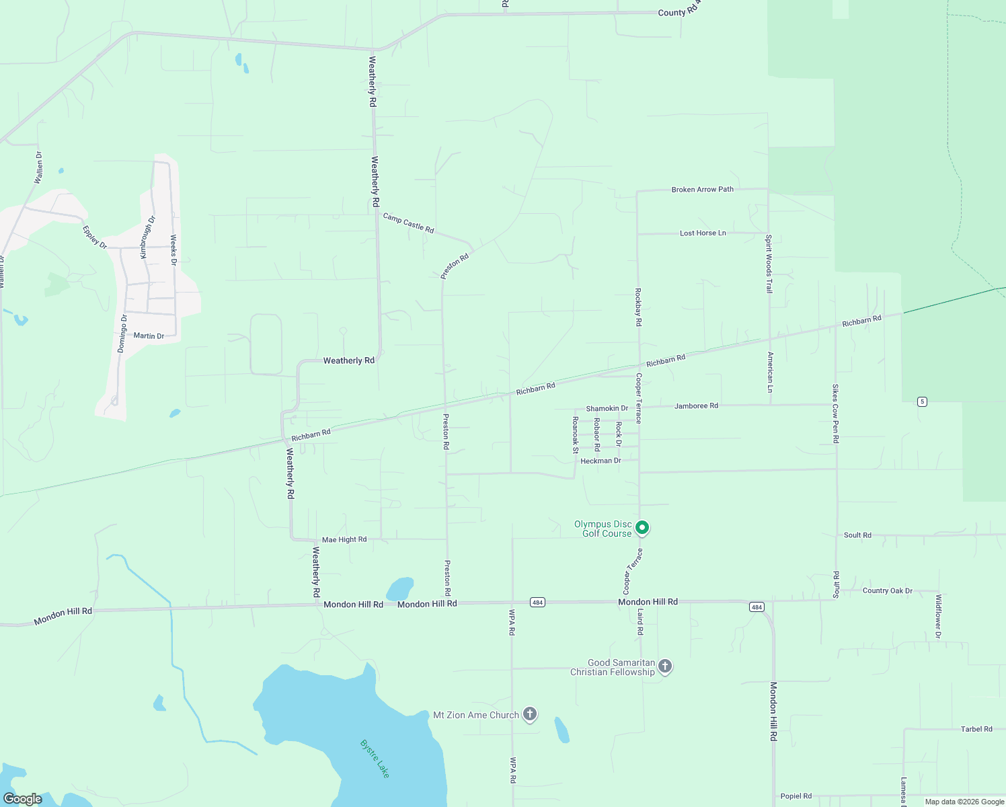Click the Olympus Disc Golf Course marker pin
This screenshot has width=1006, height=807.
click(642, 528)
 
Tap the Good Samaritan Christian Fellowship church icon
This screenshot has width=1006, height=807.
click(665, 666)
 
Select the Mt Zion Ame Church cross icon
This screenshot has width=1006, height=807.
click(530, 714)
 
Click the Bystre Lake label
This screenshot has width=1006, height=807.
click(375, 759)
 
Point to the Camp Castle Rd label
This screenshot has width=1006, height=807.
click(408, 223)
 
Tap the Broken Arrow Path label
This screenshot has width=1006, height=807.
click(702, 190)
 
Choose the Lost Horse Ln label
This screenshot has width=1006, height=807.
click(703, 233)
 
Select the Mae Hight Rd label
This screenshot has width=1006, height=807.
click(344, 539)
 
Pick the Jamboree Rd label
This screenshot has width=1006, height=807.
click(696, 406)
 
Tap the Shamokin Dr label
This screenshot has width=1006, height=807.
click(607, 409)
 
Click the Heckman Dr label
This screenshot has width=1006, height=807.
click(601, 461)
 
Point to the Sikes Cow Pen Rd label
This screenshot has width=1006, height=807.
click(835, 414)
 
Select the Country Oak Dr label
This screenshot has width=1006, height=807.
click(887, 591)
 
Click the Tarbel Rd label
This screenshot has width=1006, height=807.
click(976, 729)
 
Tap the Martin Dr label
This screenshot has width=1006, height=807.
click(149, 336)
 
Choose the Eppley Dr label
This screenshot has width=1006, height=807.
click(95, 237)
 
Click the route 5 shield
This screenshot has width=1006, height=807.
click(922, 401)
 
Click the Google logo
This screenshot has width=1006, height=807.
click(23, 799)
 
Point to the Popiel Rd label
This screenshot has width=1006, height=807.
click(796, 796)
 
